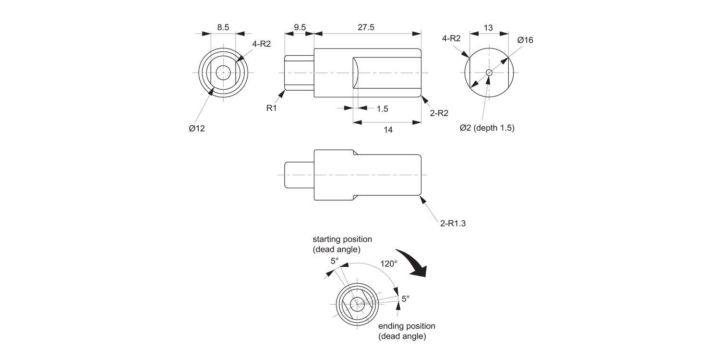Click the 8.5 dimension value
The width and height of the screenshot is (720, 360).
coord(223,27)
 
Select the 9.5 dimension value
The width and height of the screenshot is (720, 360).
coord(300,27)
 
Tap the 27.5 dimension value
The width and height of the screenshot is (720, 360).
coord(366,27)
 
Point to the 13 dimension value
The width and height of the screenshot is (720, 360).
coord(488,28)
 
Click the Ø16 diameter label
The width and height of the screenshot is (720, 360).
coord(525,40)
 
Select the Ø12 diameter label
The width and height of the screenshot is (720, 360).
coord(197,128)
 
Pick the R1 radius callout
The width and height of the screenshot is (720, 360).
coord(272,108)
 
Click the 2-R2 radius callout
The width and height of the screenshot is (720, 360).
coord(439,113)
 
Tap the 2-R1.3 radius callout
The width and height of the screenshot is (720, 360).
coord(453,223)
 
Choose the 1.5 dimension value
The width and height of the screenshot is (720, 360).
coord(382,109)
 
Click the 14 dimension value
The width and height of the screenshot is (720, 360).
coord(388,130)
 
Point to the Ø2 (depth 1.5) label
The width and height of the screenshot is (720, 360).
coord(487,128)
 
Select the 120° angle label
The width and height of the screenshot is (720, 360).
coord(389,264)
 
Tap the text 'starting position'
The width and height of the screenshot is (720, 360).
coord(342,239)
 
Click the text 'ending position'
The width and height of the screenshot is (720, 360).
coord(407,326)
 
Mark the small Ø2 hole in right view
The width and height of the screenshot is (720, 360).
coord(489,72)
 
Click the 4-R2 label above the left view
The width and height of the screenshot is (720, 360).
coord(262,44)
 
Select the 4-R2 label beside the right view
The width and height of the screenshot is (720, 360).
coord(451,38)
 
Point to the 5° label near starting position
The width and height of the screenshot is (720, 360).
coord(335,261)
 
